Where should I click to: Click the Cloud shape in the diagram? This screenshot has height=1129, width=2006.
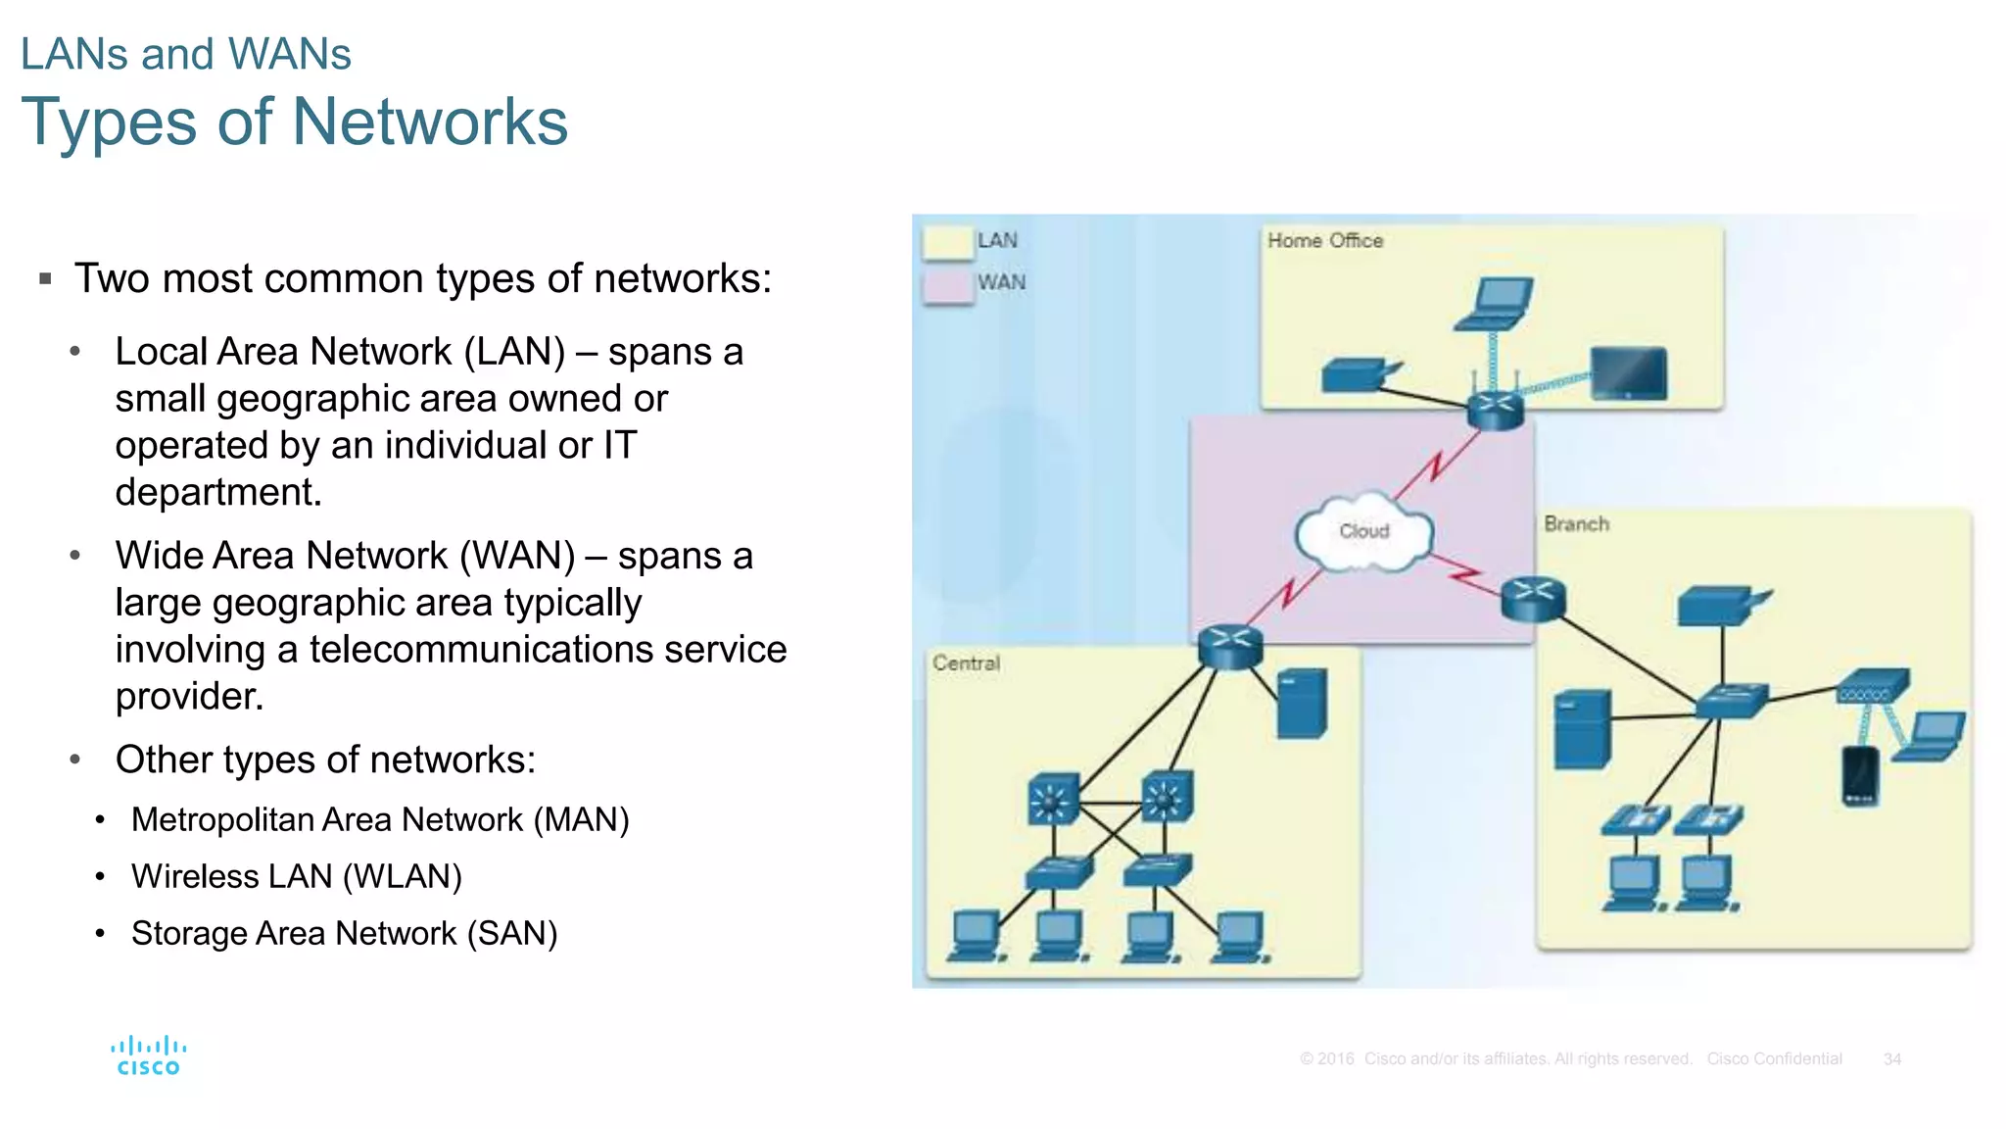click(1363, 532)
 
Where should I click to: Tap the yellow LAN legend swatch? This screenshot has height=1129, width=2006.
click(947, 242)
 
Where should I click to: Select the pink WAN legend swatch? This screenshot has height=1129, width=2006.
click(947, 285)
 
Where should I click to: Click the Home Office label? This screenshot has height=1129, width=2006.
click(1324, 241)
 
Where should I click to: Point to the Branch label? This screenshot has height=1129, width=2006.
click(1576, 524)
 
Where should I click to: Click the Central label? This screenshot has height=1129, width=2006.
click(966, 663)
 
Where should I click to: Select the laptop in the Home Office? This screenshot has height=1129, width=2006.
click(1495, 304)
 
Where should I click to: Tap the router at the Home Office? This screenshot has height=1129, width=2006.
click(1495, 411)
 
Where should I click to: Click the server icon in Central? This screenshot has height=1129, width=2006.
click(1302, 703)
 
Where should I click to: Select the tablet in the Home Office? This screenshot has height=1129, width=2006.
click(1628, 373)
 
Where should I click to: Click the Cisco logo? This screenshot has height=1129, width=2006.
click(149, 1056)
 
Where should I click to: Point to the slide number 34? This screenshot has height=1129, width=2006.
click(1891, 1059)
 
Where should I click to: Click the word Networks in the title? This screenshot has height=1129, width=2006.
click(430, 123)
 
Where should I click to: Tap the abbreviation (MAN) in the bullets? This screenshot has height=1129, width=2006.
click(581, 820)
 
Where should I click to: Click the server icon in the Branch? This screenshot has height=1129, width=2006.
click(1581, 730)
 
